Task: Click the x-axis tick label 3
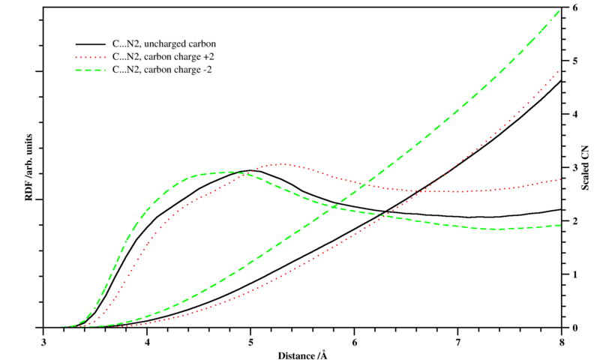coord(45,341)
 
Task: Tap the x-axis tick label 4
coord(148,341)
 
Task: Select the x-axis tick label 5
coord(251,341)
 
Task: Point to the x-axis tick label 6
coord(354,341)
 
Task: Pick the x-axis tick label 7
coord(457,341)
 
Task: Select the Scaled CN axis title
coord(586,168)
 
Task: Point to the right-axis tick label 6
coord(574,7)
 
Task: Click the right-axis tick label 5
coord(574,61)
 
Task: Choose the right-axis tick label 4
coord(574,114)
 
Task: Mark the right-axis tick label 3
coord(574,168)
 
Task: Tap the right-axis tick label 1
coord(574,274)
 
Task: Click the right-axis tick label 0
coord(574,328)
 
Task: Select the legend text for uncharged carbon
coord(163,43)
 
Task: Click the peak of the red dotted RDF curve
coord(281,163)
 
